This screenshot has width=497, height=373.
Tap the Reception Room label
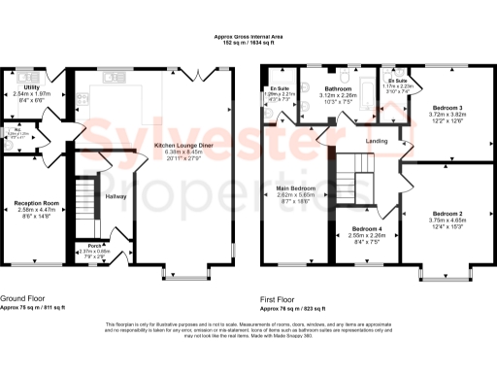(38, 203)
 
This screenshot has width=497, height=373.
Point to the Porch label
(94, 245)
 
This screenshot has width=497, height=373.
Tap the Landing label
(378, 142)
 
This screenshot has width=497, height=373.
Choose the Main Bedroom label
(296, 188)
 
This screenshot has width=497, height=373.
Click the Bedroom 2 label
(447, 213)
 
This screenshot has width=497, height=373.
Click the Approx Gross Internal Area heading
(248, 37)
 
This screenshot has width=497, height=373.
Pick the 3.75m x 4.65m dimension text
(447, 220)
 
